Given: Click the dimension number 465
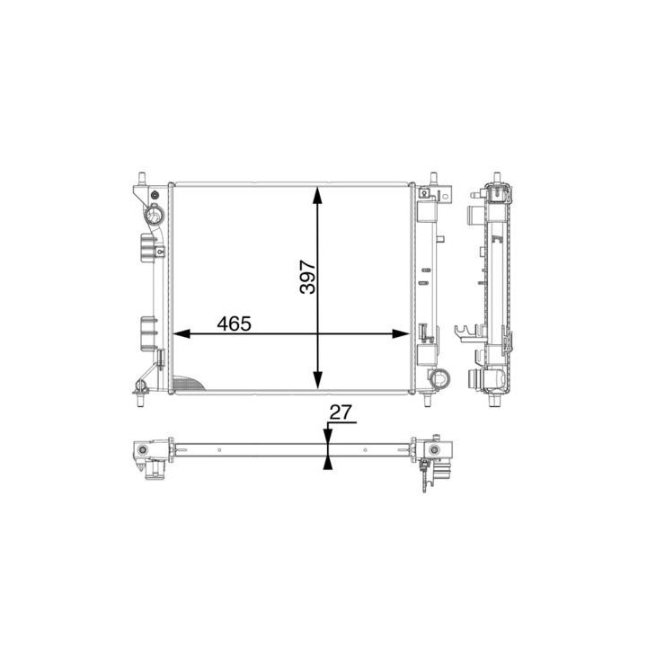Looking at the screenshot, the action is point(234,323).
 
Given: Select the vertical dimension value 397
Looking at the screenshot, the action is point(307,277).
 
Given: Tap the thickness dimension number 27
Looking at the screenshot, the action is point(341,412).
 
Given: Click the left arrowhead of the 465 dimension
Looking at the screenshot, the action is point(182,333).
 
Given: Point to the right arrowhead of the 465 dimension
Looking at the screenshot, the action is point(400,333).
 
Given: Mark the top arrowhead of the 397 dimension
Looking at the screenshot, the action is point(317,195).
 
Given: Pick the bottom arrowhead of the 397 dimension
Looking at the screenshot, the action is point(317,379).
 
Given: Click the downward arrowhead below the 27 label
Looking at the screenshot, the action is point(328,436).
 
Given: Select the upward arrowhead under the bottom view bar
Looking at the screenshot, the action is point(328,463).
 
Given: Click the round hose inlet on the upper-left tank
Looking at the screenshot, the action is point(155,214).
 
